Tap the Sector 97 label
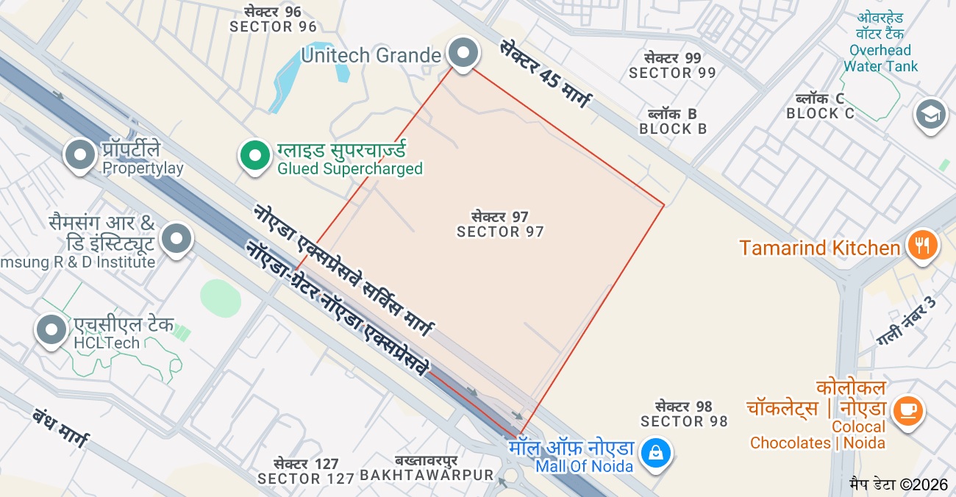point(500,224)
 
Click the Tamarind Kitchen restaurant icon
point(921,245)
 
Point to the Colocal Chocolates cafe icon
point(907,409)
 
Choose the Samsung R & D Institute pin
point(176,238)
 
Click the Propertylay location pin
point(81,154)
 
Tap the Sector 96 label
point(273,20)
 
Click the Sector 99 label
point(672,65)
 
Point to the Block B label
point(673,121)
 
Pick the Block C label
point(820,107)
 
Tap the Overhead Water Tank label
point(880,43)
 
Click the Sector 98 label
point(684,414)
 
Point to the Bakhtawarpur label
point(427,468)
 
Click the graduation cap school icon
point(930,115)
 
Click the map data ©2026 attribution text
point(899,485)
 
